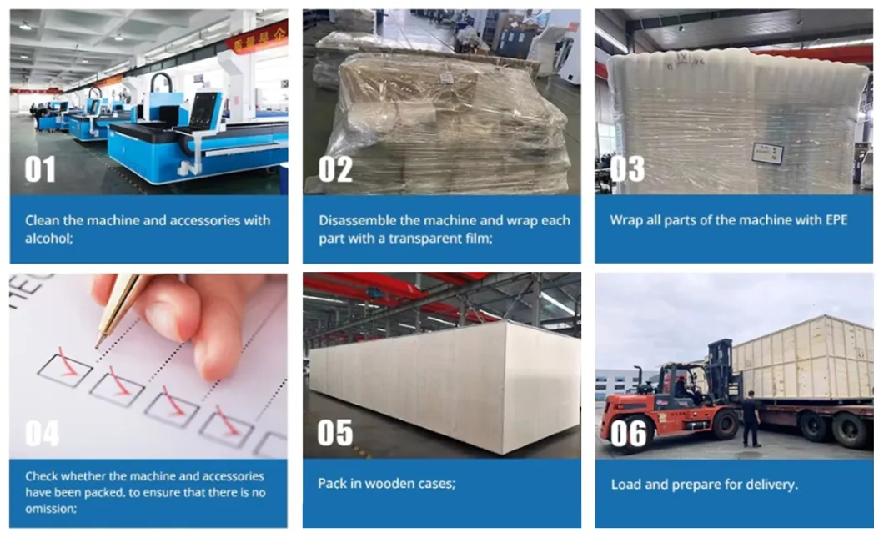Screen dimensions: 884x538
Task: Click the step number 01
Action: pos(40,169)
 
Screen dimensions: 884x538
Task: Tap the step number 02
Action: pos(335,169)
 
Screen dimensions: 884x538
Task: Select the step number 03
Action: pos(627,169)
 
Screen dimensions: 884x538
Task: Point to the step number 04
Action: pos(42,434)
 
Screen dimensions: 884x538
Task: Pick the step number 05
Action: pos(335,433)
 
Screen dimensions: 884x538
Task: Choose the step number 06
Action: pos(628,434)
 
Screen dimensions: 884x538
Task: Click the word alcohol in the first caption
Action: pos(48,238)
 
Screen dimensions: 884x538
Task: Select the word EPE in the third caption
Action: pos(836,220)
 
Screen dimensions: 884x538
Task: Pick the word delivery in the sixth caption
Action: pos(771,485)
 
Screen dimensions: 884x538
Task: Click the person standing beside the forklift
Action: pos(751,420)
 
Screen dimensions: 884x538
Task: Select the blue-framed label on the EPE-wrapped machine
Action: pos(768,153)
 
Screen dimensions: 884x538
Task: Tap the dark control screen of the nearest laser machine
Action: pos(205,110)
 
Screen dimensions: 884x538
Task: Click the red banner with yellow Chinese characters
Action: pos(257,38)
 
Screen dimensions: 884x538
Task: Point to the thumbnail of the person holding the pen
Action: pos(148,365)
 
